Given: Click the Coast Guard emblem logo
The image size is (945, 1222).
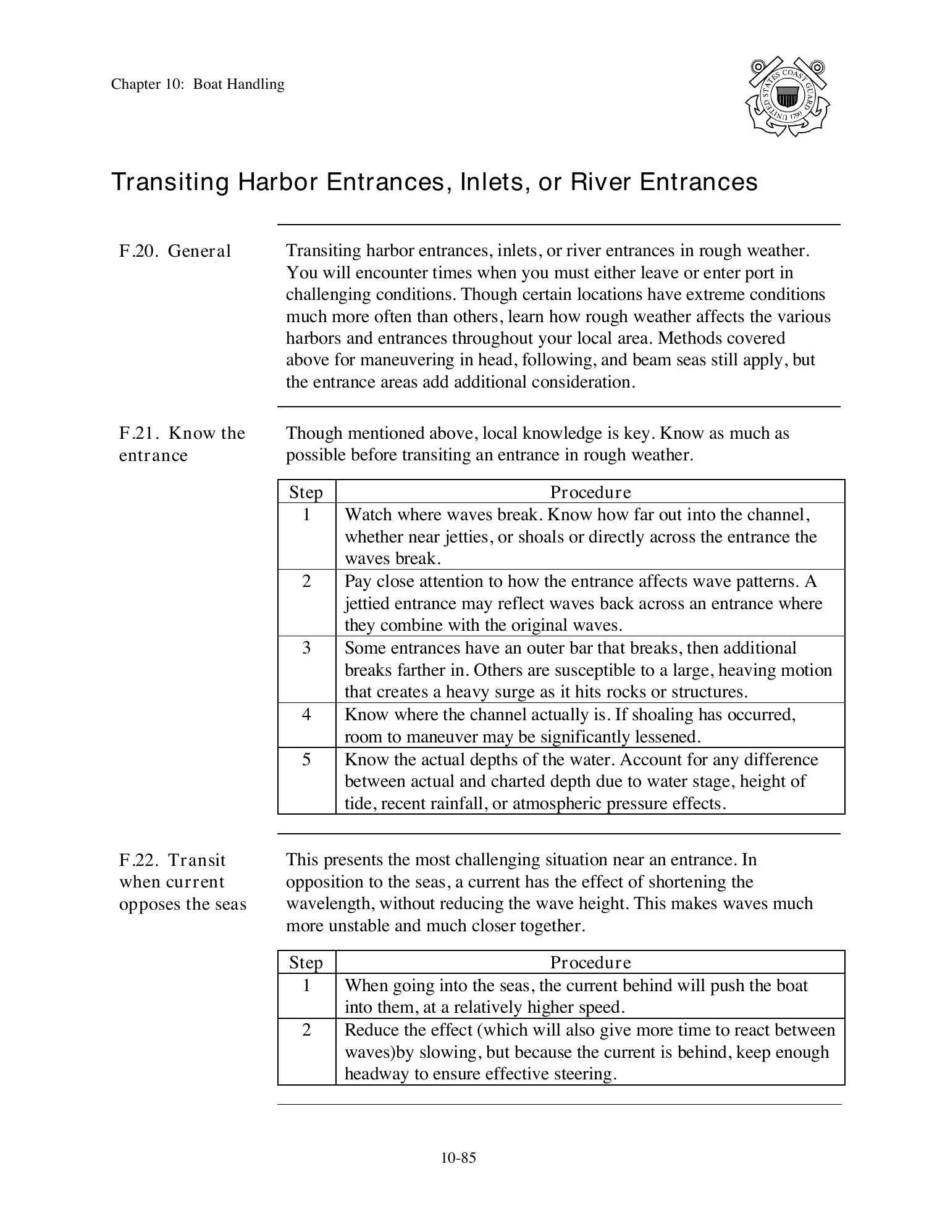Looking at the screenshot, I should coord(787,98).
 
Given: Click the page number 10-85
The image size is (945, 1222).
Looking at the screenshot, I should coord(458,1158).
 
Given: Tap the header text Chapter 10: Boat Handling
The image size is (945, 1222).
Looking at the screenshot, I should coord(198,85).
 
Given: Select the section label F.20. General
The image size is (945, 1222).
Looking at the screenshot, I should coord(175,251).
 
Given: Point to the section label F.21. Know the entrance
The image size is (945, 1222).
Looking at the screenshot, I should coord(182,444).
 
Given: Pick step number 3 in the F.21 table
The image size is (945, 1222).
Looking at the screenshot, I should coord(306,648).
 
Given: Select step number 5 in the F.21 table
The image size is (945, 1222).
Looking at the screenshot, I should coord(306,759).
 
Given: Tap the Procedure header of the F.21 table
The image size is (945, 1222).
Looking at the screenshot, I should coord(590,492).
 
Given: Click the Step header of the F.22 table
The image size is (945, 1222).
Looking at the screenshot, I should coord(306,962).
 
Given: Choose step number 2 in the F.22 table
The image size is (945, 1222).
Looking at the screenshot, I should coord(306,1029).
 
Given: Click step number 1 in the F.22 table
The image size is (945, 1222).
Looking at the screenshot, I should coord(306,985).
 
